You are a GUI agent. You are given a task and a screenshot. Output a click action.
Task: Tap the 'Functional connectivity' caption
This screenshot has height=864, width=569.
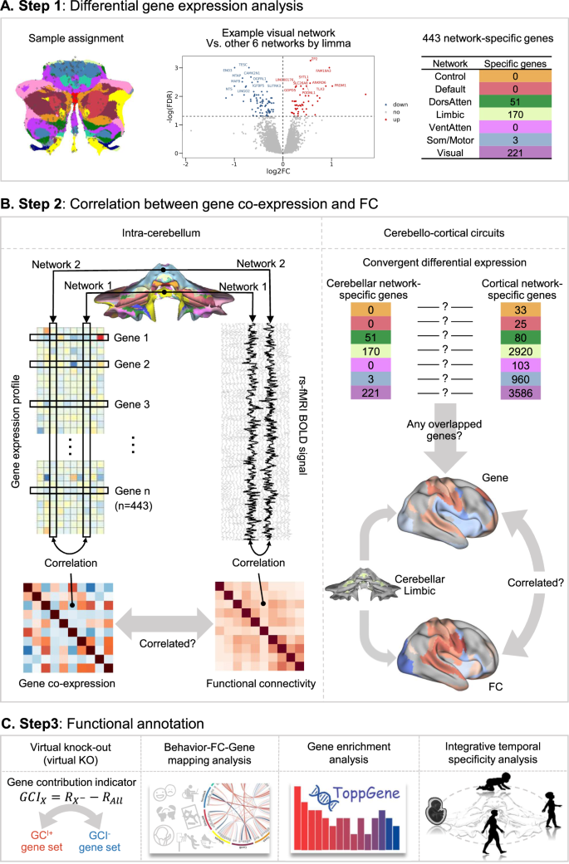258,683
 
